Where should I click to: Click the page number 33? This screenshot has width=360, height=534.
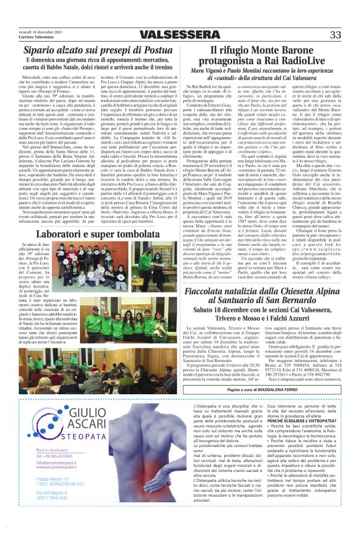point(335,35)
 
